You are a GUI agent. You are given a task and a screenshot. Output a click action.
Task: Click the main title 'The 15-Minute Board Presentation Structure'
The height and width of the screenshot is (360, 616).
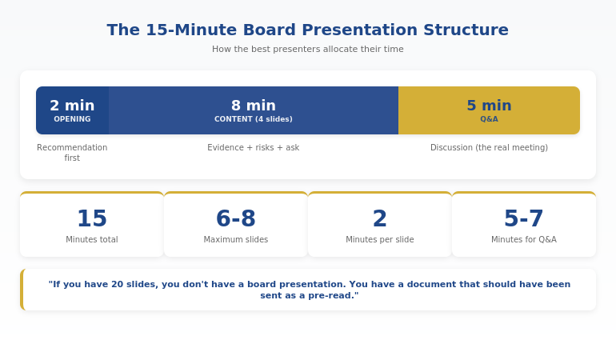coord(308,30)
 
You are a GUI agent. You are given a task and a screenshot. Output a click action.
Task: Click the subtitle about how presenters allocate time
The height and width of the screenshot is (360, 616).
coord(308,50)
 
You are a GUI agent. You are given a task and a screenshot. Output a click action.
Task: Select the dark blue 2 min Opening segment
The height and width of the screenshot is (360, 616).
coord(72,110)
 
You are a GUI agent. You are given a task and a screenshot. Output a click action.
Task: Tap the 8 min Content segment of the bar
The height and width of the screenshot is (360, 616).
coord(254,110)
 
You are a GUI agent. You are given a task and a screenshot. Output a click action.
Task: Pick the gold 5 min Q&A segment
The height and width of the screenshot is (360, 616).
coord(489,110)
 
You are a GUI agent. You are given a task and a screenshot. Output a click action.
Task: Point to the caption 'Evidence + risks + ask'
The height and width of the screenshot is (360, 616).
coord(254,148)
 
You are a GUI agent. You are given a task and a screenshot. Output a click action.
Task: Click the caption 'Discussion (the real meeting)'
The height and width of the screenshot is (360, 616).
coord(489,148)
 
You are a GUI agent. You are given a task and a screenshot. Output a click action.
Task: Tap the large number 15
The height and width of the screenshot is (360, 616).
coord(92,218)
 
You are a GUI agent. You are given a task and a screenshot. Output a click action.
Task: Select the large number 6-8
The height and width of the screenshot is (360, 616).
coord(236,218)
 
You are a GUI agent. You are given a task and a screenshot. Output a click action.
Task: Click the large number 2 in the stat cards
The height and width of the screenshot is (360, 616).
coord(380,218)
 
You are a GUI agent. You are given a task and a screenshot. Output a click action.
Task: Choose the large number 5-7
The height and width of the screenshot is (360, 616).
coord(524,218)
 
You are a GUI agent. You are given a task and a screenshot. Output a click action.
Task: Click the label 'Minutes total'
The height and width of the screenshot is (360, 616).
coord(92,240)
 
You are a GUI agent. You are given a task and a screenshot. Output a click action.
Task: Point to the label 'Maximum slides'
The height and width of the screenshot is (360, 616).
coord(236,240)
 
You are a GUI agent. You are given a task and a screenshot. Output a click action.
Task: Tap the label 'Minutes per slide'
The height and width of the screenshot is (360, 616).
coord(380,240)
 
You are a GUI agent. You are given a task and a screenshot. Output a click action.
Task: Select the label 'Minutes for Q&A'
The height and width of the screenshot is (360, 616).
coord(524,240)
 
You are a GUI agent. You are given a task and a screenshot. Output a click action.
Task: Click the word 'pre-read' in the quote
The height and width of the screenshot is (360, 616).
coord(336,296)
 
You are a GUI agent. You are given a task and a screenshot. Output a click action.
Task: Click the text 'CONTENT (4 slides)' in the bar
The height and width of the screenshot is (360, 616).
coord(254,120)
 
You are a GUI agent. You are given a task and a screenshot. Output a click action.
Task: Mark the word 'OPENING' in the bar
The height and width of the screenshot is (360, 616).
coord(72,120)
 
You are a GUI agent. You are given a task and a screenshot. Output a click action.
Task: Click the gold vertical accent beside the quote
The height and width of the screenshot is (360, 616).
coord(22,290)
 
